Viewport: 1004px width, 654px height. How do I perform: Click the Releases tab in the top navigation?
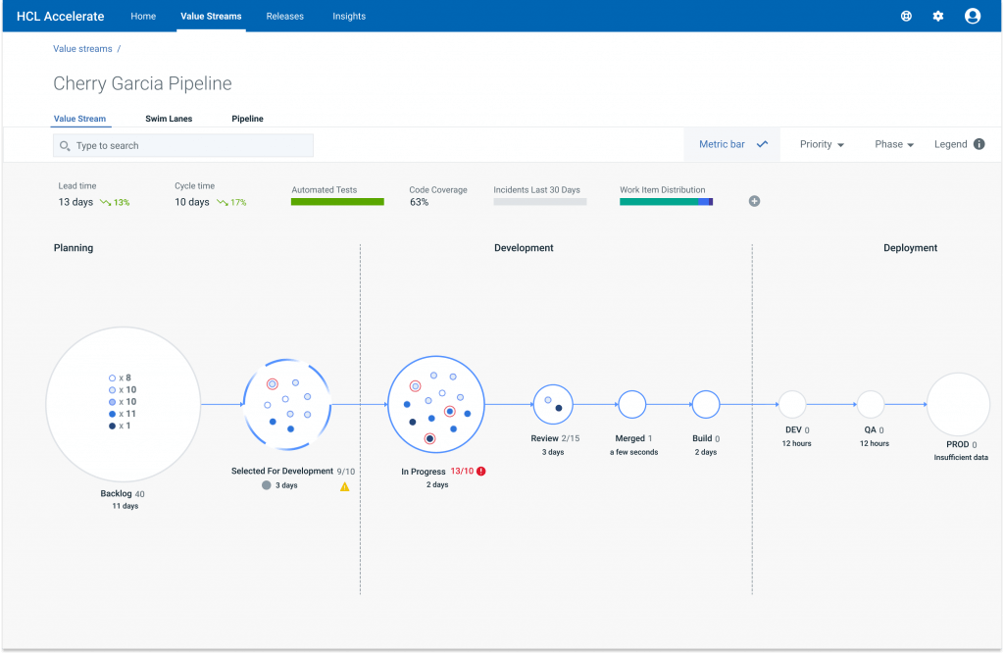point(284,17)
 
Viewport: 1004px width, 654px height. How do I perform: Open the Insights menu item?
point(349,17)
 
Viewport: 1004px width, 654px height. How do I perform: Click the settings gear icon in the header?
point(938,17)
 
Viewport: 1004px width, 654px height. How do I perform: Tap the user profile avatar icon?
point(973,16)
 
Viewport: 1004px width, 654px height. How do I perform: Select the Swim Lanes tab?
point(169,119)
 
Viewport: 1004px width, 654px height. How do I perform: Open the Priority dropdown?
point(822,144)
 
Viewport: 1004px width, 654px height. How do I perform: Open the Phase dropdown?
point(894,144)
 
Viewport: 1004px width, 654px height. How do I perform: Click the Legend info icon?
point(979,144)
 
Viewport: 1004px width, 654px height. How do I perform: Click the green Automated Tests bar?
point(337,202)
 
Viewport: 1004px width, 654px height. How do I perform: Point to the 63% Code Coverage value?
point(419,202)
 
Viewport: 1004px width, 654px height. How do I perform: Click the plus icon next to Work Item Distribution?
point(755,201)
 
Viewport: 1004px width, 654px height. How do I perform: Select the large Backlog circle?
point(123,404)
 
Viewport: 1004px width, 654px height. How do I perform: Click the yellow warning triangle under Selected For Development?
point(345,486)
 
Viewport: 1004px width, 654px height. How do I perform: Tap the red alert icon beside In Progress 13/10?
point(481,472)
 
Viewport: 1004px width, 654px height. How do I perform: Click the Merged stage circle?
point(631,404)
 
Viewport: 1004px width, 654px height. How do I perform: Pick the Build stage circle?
point(706,404)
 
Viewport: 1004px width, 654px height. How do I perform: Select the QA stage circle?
point(871,404)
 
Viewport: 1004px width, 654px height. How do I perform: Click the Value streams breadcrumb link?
point(82,49)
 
